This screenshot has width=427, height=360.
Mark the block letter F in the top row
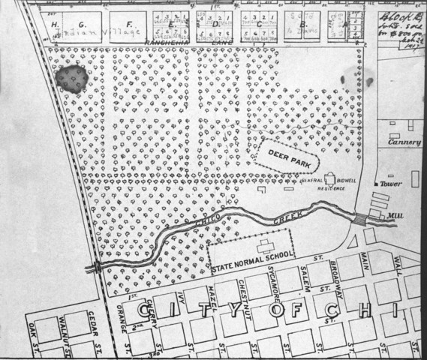[x=128, y=24]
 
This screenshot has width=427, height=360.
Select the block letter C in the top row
[x=259, y=25]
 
